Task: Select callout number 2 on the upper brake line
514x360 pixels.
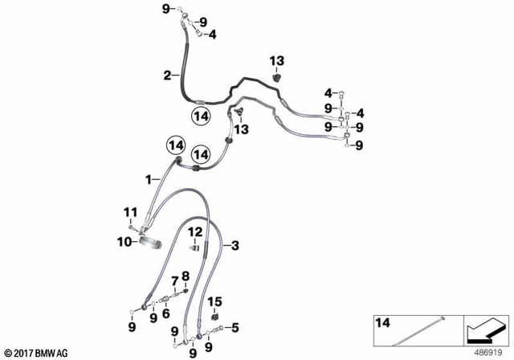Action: tap(167, 76)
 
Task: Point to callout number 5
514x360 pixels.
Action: tap(235, 326)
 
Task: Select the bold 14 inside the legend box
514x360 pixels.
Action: tap(382, 323)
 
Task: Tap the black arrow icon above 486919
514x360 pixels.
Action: tap(485, 330)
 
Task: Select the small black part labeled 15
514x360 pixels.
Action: tap(214, 316)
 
